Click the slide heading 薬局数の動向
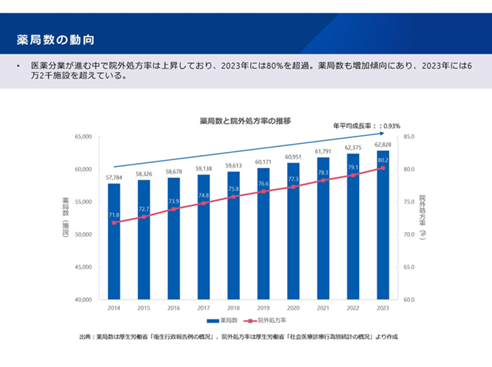coord(56,38)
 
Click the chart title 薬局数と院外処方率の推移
coord(245,120)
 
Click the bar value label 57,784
coord(114,178)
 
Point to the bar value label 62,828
coord(383,145)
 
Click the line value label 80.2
coord(383,159)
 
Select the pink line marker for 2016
coord(174,209)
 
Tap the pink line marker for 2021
coord(323,181)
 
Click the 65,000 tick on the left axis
coord(82,137)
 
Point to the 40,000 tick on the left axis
coord(82,300)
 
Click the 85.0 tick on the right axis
coord(410,137)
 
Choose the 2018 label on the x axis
coord(234,308)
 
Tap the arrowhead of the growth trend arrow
coord(381,134)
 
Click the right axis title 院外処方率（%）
coord(423,217)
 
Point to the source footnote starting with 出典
coord(238,337)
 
